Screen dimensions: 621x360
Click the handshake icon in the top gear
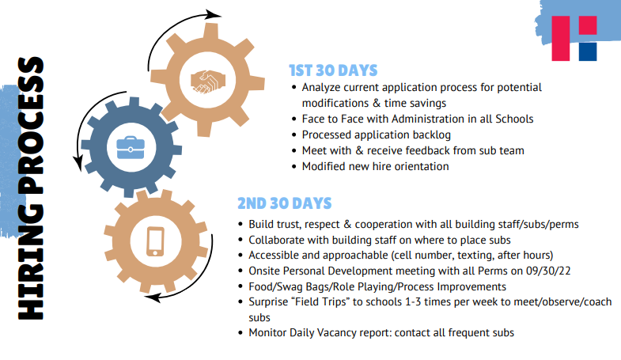pyautogui.click(x=208, y=82)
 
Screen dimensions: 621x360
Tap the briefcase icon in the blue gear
pyautogui.click(x=131, y=148)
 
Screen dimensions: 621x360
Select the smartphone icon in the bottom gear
pyautogui.click(x=155, y=241)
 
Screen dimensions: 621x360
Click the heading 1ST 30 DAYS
pyautogui.click(x=333, y=70)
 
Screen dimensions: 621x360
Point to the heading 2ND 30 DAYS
pyautogui.click(x=284, y=203)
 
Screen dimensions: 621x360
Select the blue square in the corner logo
pyautogui.click(x=588, y=51)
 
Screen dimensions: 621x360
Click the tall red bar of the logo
pyautogui.click(x=560, y=39)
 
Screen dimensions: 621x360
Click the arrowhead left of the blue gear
pyautogui.click(x=78, y=163)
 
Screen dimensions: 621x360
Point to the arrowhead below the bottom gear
pyautogui.click(x=152, y=297)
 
